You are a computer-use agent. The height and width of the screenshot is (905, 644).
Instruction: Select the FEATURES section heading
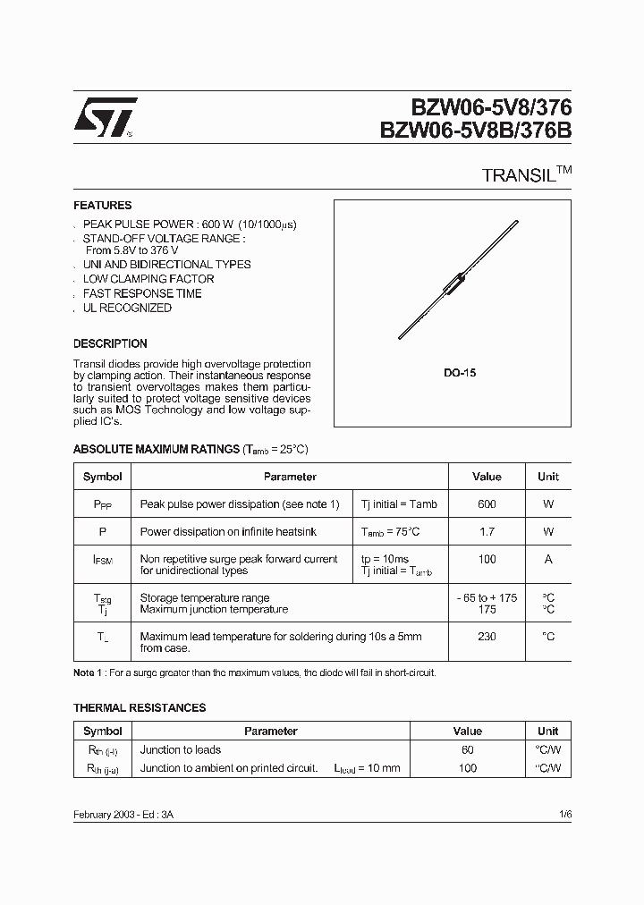coord(102,206)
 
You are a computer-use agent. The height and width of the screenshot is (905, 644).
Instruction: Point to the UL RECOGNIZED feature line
coord(127,308)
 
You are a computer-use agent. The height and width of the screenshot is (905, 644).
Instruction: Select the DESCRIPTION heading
coord(110,343)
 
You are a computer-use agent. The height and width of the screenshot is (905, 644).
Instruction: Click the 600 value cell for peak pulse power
coord(487,504)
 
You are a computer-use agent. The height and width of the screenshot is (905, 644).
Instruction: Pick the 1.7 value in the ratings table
coord(487,532)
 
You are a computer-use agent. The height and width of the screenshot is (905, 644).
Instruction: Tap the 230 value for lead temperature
coord(487,636)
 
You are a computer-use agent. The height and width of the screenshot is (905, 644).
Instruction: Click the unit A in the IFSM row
coord(548,559)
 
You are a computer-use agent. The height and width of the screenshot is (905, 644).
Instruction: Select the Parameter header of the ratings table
coord(290,478)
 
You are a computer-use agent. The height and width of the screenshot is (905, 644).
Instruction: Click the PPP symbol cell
coord(102,504)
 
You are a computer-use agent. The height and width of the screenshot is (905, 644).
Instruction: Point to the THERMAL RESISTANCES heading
coord(140,707)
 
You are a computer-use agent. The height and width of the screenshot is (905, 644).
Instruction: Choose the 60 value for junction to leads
coord(468,749)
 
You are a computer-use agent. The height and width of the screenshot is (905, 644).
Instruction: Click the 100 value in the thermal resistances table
coord(468,768)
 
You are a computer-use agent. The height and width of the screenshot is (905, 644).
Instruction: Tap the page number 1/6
coord(563,816)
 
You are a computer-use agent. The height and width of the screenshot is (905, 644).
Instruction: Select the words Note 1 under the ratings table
coord(89,672)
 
